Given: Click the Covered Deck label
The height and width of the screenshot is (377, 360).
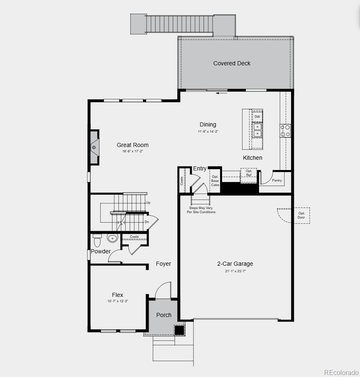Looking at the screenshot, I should click(x=232, y=63).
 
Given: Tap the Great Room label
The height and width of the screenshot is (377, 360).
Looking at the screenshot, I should click(x=133, y=145).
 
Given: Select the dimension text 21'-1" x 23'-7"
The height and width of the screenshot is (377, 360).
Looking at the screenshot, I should click(x=235, y=271).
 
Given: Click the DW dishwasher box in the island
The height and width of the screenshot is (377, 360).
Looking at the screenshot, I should click(x=257, y=117).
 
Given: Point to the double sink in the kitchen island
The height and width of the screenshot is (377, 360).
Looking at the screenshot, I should click(x=257, y=130).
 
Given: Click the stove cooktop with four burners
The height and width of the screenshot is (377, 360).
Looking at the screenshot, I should click(x=285, y=131).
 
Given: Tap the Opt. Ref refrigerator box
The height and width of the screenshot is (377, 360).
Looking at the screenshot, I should click(x=249, y=173).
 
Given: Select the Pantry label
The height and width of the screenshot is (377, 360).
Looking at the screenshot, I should click(x=277, y=180).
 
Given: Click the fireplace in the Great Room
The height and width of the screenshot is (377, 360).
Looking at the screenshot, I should click(x=94, y=147).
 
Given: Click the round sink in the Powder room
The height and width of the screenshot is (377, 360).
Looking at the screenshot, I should click(x=112, y=237).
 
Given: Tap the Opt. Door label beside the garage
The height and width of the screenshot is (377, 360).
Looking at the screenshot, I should click(x=301, y=215).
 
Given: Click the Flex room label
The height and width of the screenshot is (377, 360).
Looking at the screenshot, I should click(x=117, y=295).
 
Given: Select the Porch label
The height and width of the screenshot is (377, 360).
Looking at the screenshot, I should click(x=164, y=315).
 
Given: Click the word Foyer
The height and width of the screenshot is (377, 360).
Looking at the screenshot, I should click(x=163, y=264).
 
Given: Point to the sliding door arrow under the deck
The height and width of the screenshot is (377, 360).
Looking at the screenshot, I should click(x=222, y=93).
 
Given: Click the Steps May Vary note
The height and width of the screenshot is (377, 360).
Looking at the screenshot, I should click(x=201, y=210).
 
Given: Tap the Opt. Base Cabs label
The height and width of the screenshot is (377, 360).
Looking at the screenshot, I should click(x=215, y=181).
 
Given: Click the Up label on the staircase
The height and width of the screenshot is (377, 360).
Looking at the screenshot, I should click(x=148, y=203).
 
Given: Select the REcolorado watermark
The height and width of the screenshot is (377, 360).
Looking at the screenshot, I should click(x=341, y=372).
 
